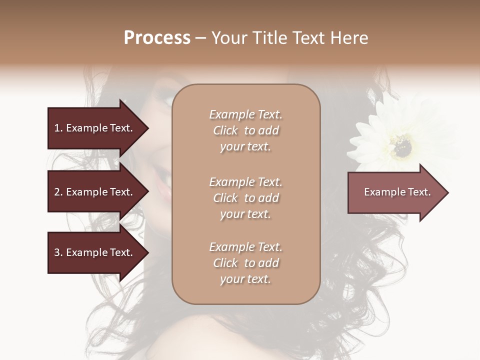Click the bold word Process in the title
pos(157,37)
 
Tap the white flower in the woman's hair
pos(395,137)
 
